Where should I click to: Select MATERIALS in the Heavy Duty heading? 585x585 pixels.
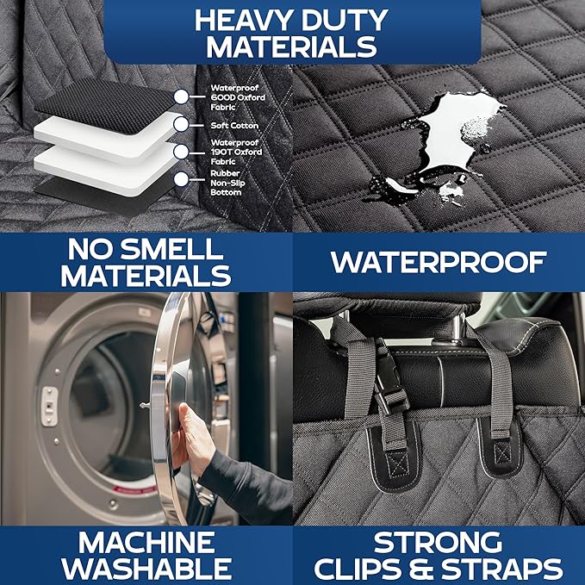291,47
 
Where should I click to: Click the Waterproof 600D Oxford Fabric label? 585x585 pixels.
237,96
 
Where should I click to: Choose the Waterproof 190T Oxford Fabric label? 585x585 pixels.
237,152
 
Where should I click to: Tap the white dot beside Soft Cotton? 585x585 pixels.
180,125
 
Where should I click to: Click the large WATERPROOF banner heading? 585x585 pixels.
439,262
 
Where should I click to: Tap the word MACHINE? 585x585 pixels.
146,542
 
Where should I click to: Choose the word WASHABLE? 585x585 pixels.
146,569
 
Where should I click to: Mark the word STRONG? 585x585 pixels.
439,542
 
